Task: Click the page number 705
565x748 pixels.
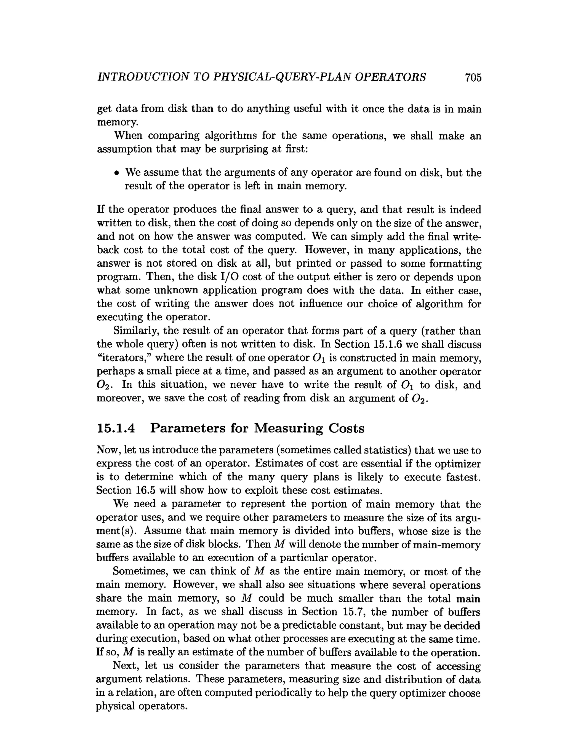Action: click(473, 78)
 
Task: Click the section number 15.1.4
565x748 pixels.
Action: click(116, 428)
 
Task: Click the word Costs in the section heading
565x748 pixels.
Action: click(347, 428)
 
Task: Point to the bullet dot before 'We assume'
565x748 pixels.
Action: click(116, 173)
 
